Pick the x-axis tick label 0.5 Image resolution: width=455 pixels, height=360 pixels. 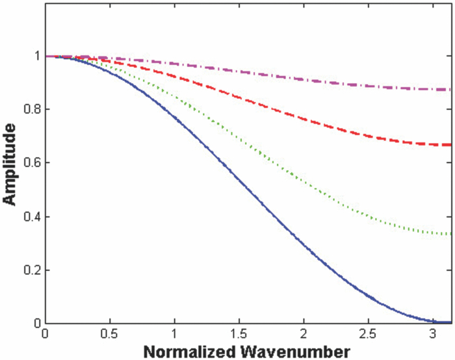109,333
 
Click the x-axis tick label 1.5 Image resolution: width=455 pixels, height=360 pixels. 239,333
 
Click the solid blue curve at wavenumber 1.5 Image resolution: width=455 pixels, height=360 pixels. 239,181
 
